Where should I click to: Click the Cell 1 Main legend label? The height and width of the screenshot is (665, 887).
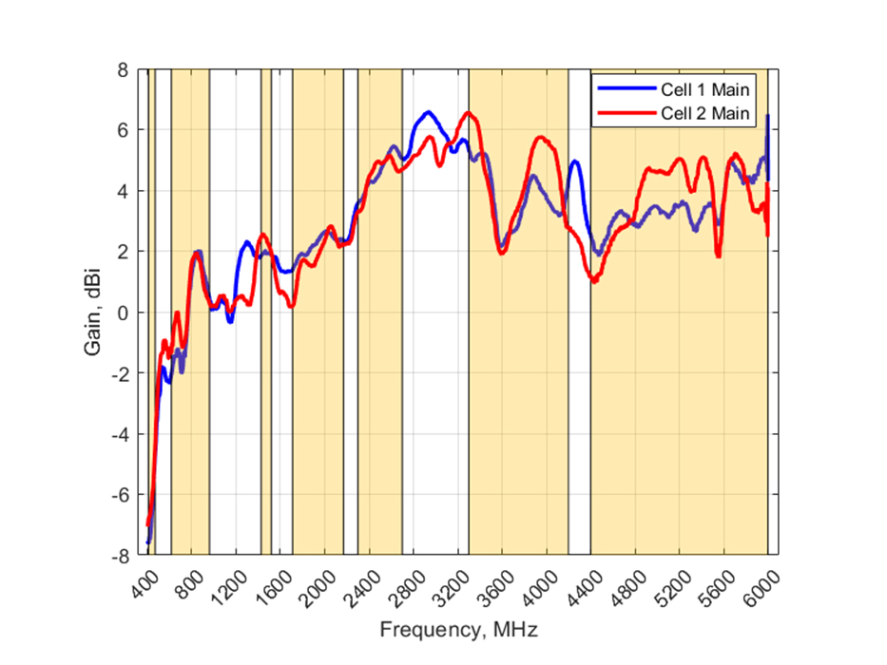(706, 90)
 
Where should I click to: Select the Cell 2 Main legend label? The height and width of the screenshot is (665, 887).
(706, 114)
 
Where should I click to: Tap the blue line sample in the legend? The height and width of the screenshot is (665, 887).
(626, 90)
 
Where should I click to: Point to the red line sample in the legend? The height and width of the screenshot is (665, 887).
(626, 114)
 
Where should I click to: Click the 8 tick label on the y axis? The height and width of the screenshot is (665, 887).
(123, 69)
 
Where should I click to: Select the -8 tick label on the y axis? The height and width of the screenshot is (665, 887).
(120, 556)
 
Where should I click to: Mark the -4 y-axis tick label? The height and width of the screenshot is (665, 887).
(120, 434)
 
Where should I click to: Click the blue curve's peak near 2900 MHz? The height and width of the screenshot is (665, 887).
(429, 112)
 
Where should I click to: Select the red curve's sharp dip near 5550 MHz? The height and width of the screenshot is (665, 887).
(718, 256)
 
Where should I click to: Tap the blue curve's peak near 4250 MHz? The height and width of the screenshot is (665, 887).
(575, 161)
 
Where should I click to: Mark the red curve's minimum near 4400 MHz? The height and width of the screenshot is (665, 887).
(594, 281)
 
